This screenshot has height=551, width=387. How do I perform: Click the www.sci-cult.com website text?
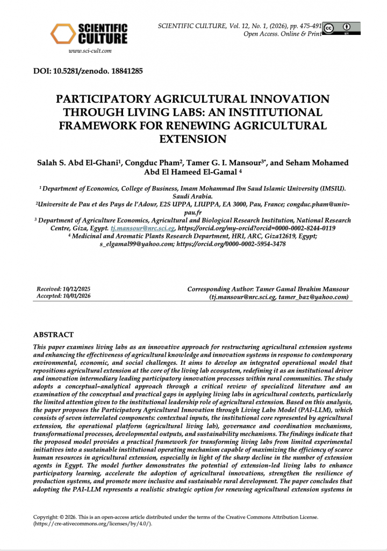click(90, 51)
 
